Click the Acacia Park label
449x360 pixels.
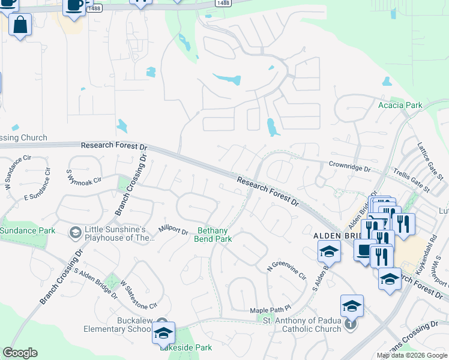pos(400,106)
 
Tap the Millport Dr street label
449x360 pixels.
pos(173,230)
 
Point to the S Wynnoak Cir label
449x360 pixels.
pos(84,173)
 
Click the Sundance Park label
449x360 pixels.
pos(27,230)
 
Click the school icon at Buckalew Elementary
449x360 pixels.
pos(163,333)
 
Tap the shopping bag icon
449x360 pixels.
pos(20,26)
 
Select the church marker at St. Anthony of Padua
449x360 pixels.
pos(351,325)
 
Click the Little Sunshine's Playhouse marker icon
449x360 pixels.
pos(76,232)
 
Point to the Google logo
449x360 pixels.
pos(20,353)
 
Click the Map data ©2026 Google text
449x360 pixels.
pos(412,355)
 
